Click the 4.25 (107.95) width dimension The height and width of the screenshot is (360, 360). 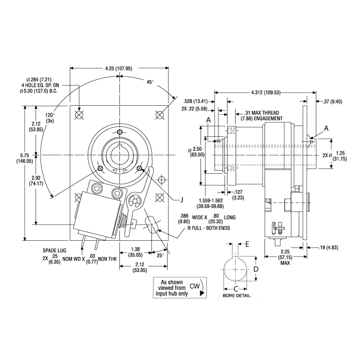pos(119,69)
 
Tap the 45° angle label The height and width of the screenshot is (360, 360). pos(150,82)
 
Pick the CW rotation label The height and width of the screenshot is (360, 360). pos(194,286)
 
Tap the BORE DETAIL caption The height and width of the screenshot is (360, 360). pos(237,296)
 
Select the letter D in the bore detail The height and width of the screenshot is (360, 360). pos(255,269)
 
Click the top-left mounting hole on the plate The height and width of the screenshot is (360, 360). pos(80,115)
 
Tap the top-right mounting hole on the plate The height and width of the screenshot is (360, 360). pos(159,115)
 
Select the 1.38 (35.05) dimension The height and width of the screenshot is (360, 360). pos(135,252)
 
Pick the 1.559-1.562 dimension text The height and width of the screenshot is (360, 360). pos(211,203)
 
